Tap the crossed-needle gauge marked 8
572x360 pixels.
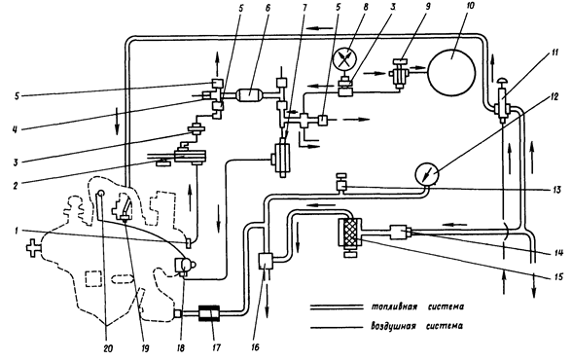coord(345,59)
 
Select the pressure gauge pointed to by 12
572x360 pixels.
coord(427,174)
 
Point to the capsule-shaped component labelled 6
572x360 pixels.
coord(249,94)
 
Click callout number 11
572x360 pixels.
coord(554,54)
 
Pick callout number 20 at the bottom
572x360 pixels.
coord(108,348)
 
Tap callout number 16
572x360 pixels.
coord(255,347)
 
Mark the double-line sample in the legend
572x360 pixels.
coord(337,307)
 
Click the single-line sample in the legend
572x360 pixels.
coord(337,327)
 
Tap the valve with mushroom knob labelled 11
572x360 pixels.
coord(502,97)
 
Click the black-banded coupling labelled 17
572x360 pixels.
coord(208,313)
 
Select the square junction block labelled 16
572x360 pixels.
coord(266,261)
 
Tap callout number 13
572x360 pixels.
coord(555,190)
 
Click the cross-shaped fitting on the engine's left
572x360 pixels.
coord(33,248)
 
